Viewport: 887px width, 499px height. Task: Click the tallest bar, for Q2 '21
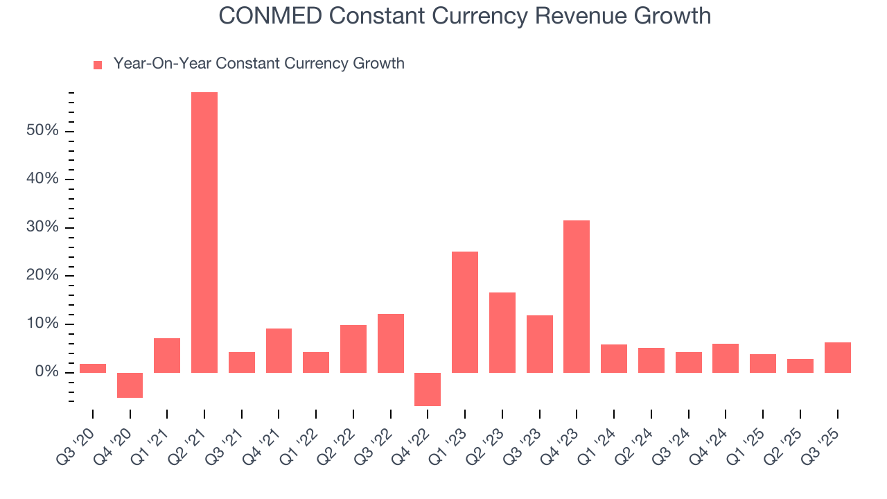point(204,232)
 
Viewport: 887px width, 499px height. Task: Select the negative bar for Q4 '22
point(428,389)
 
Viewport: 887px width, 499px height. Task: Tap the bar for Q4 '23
point(577,297)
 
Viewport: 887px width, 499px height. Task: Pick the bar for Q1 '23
point(465,312)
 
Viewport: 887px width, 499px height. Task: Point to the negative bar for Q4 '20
point(130,385)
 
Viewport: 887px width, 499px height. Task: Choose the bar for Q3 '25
point(837,358)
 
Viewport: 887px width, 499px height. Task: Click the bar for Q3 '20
point(93,368)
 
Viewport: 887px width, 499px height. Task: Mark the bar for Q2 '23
point(502,333)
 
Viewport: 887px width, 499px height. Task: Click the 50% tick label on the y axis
point(42,131)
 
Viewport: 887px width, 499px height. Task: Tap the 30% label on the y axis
point(42,227)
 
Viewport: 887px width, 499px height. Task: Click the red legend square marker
point(98,64)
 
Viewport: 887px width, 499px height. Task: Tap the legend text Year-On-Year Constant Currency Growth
point(258,64)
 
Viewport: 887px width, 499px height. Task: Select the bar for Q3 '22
point(391,343)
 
